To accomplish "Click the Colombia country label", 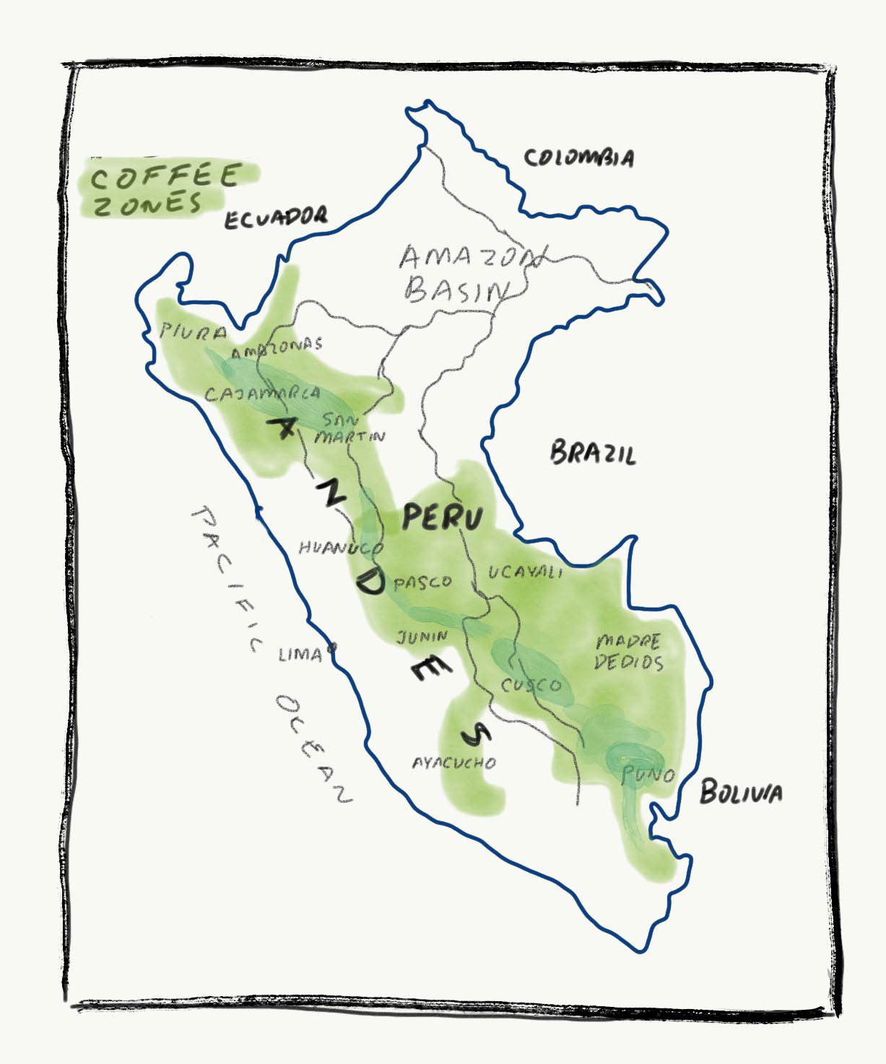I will pos(578,157).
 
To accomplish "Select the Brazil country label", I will pos(593,454).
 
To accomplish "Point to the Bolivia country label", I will pos(740,793).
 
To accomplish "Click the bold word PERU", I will pos(442,517).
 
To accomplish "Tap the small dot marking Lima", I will pos(331,648).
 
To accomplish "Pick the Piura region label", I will pos(193,332).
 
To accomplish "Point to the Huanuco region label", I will pos(340,548).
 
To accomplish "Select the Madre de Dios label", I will pos(627,652).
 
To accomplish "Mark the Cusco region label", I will pos(531,684).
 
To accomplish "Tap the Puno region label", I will pos(648,776).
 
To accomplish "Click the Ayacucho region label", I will pos(453,762).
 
